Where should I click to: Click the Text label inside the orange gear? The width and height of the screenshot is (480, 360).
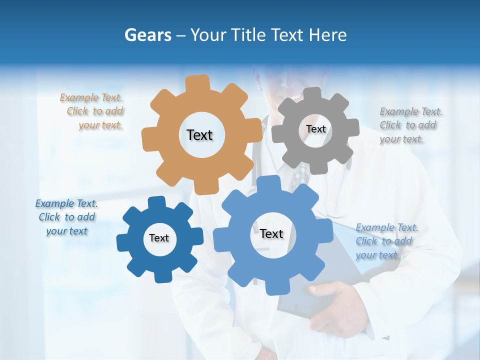point(199,135)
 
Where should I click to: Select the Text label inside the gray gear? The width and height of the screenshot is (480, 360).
point(315,129)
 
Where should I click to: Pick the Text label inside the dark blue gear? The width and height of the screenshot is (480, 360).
point(159,238)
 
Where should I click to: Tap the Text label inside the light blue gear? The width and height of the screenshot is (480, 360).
point(271,233)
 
